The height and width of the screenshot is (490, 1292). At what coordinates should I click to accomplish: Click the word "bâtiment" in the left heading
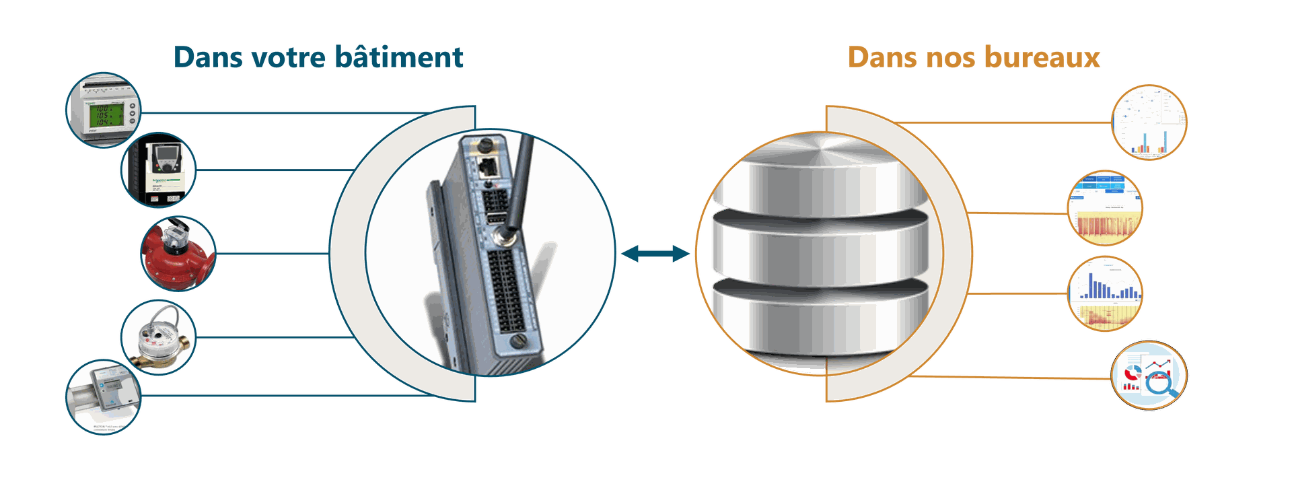399,57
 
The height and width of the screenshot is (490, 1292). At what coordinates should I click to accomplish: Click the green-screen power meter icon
103,110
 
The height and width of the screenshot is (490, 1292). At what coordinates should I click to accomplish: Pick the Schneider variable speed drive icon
159,170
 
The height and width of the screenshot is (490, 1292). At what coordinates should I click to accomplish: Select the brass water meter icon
159,337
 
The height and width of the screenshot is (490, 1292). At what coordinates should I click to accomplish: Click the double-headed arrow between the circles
655,254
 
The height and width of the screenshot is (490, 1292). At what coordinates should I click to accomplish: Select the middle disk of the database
820,246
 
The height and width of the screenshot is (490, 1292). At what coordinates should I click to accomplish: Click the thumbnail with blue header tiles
1105,207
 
